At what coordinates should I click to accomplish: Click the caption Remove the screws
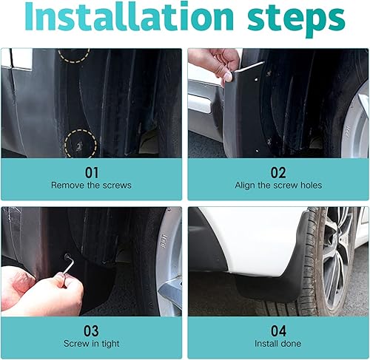point(92,185)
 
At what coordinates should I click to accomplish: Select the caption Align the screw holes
point(278,185)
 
